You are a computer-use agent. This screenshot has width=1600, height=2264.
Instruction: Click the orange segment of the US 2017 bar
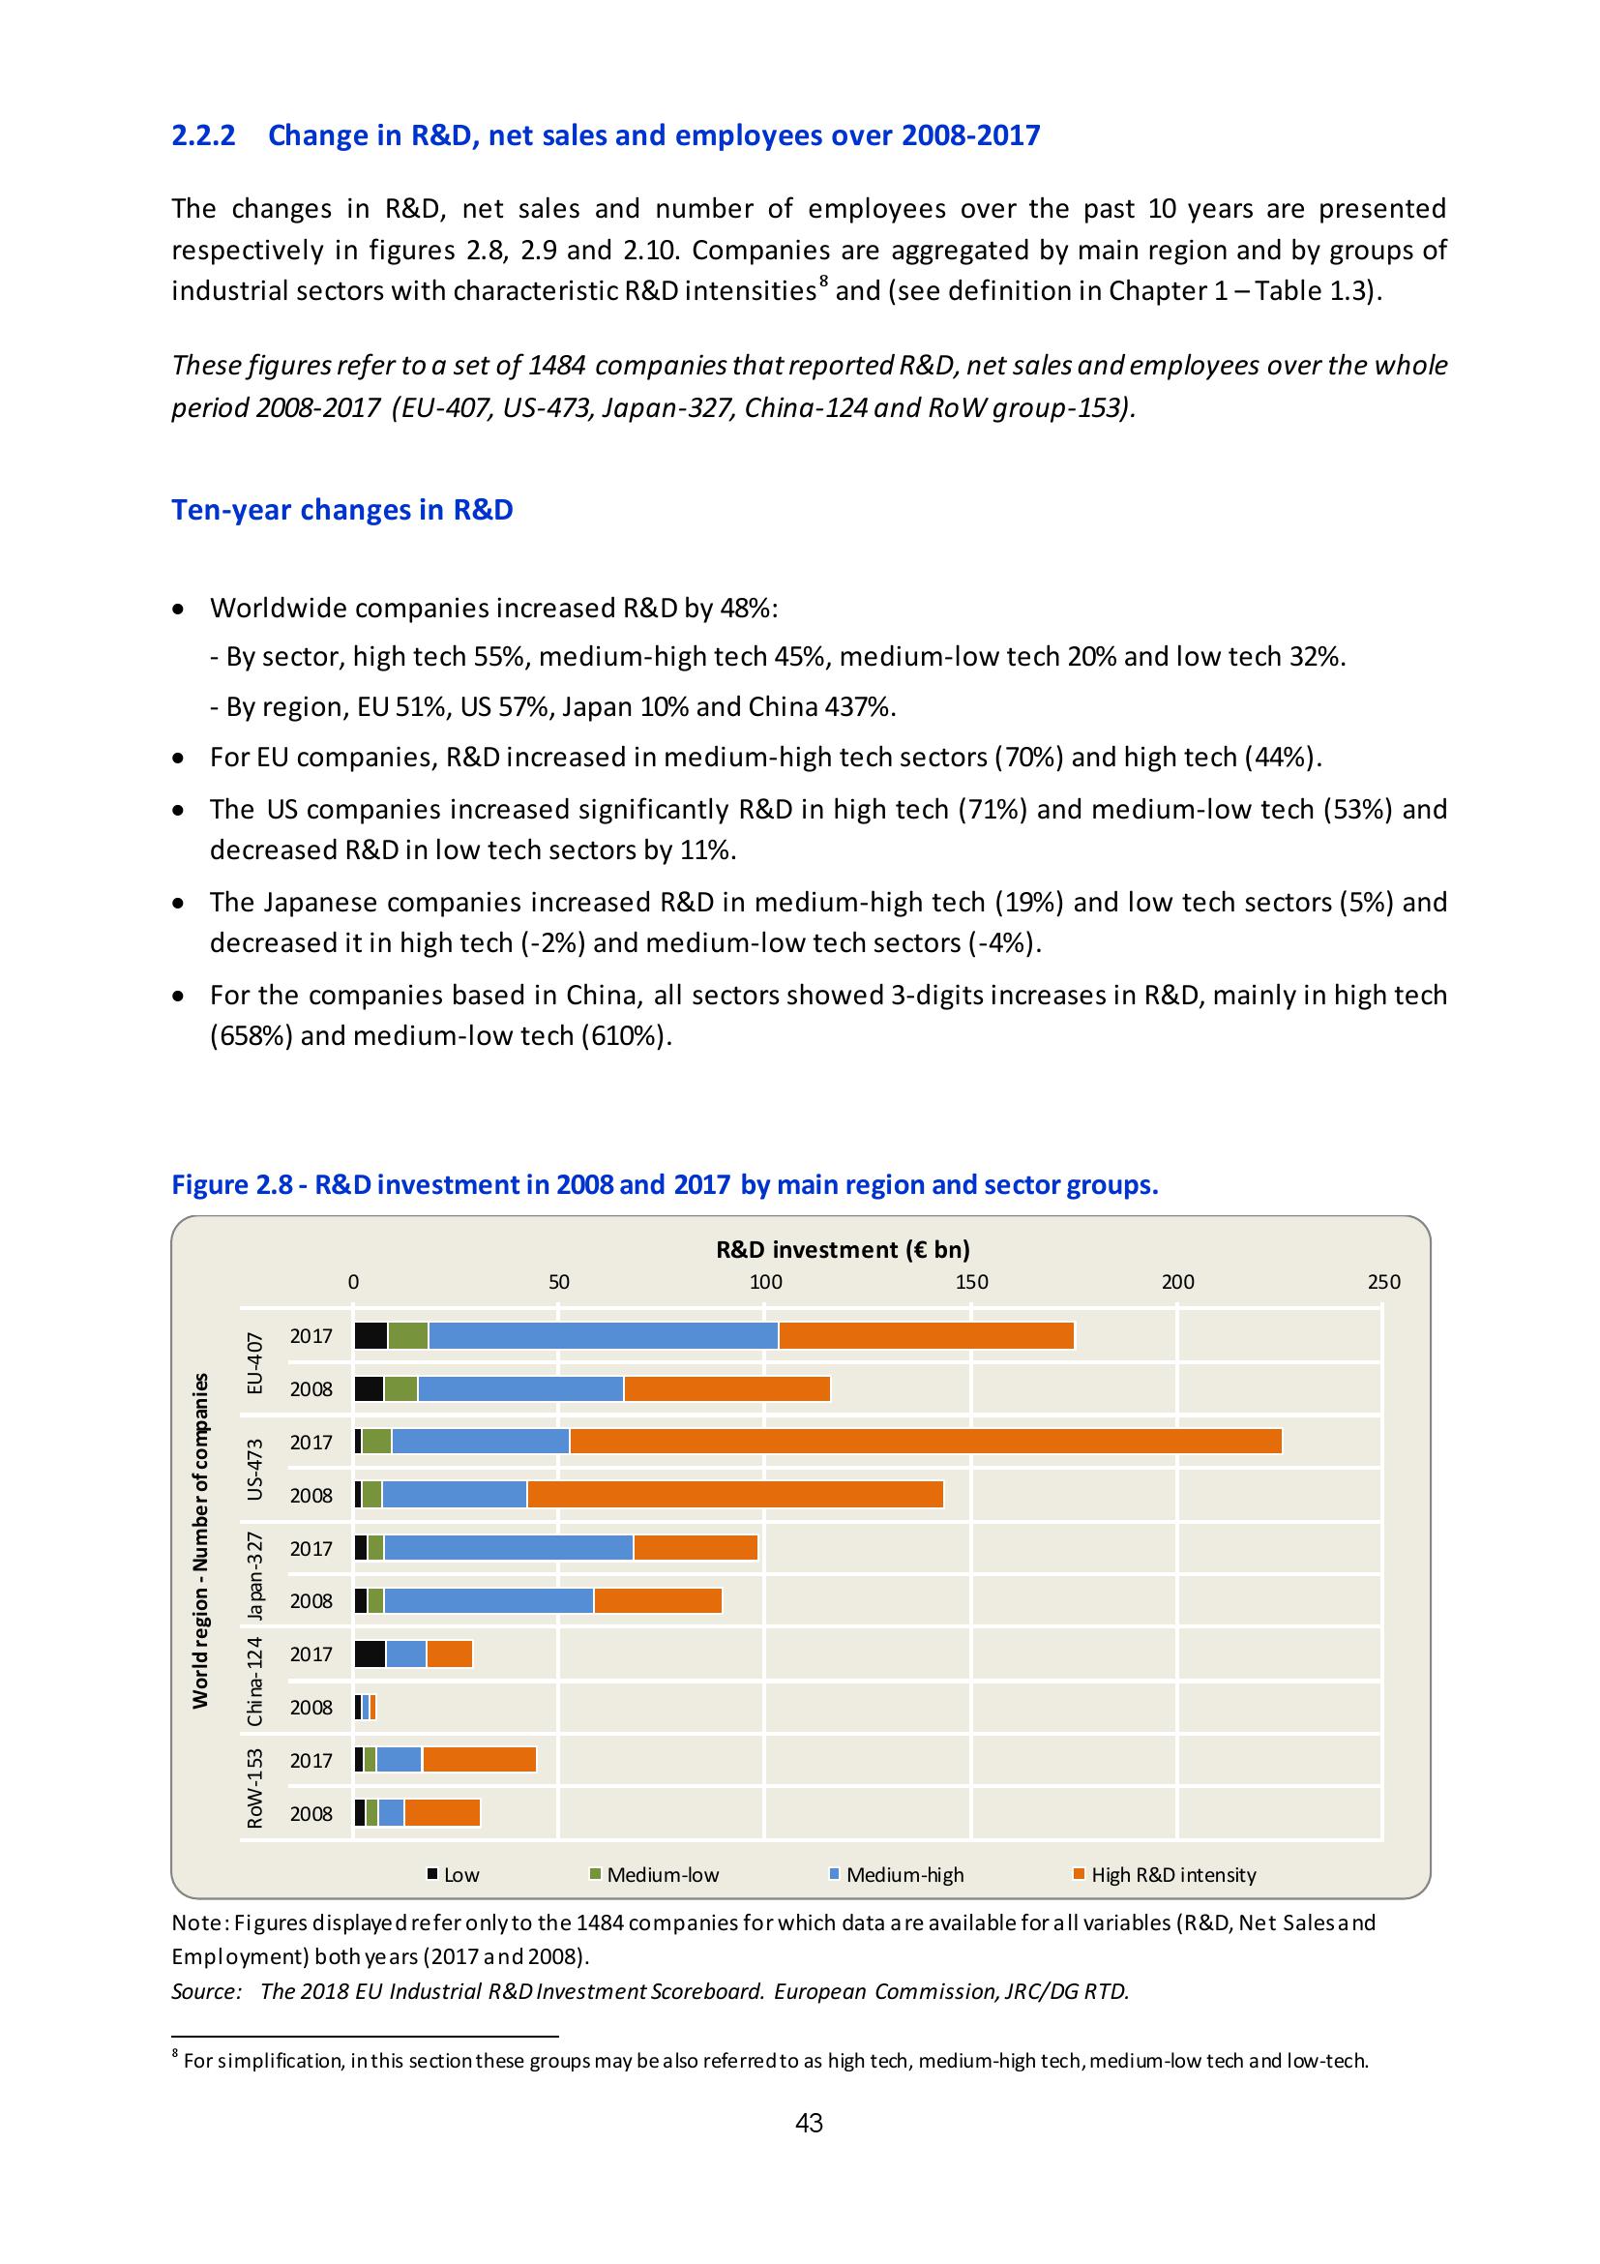click(x=925, y=1441)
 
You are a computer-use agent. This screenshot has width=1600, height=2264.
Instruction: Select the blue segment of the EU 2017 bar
click(x=603, y=1335)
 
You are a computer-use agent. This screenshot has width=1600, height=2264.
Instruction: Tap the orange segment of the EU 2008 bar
click(x=726, y=1388)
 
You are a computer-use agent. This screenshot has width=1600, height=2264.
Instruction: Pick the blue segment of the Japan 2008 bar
click(x=488, y=1600)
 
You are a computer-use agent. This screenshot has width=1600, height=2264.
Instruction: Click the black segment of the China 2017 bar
click(x=370, y=1653)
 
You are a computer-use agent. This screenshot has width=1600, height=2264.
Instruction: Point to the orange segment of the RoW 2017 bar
click(x=479, y=1760)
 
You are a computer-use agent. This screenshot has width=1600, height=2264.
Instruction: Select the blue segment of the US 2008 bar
click(x=454, y=1495)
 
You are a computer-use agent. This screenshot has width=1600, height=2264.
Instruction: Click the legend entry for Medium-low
click(x=662, y=1874)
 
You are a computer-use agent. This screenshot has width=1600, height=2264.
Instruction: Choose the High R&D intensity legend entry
click(x=1172, y=1874)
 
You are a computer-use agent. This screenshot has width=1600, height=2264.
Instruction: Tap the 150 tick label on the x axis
click(x=971, y=1281)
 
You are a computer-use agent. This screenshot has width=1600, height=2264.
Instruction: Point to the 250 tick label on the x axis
click(x=1383, y=1281)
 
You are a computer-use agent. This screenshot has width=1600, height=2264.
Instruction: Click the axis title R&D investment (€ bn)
click(x=843, y=1250)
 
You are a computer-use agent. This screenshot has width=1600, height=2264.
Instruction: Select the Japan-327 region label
click(x=255, y=1575)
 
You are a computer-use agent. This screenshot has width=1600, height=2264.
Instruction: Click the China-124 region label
click(x=255, y=1682)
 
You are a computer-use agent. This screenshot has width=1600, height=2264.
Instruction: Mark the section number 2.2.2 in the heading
click(x=204, y=135)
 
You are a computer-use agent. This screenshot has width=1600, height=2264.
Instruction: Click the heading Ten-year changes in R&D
click(x=342, y=510)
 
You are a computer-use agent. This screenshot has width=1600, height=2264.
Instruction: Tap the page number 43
click(x=809, y=2124)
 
